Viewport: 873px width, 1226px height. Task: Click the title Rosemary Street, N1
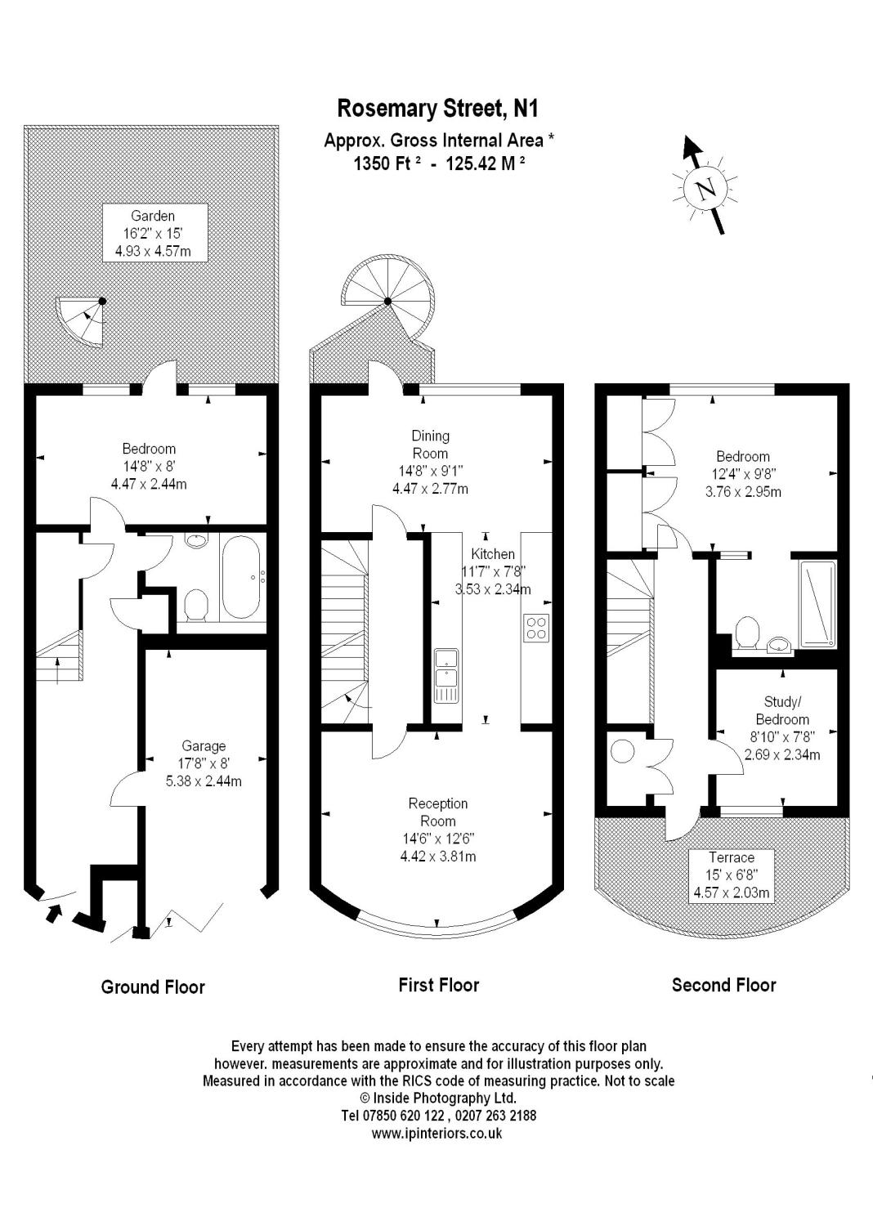point(439,109)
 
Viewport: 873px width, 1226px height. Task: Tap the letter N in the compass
point(705,190)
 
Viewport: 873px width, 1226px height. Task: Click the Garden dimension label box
point(154,233)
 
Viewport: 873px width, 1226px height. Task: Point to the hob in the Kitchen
point(536,628)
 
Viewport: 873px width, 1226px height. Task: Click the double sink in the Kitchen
point(446,675)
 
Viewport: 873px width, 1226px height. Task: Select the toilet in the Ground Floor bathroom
point(196,606)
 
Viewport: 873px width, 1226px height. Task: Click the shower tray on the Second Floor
point(817,604)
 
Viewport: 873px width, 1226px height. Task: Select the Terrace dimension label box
point(731,875)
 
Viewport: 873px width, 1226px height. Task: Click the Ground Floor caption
point(153,987)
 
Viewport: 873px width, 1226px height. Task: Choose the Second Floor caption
point(723,985)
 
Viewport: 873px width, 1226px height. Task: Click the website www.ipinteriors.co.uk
point(437,1133)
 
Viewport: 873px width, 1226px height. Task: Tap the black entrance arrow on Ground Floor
point(54,912)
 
